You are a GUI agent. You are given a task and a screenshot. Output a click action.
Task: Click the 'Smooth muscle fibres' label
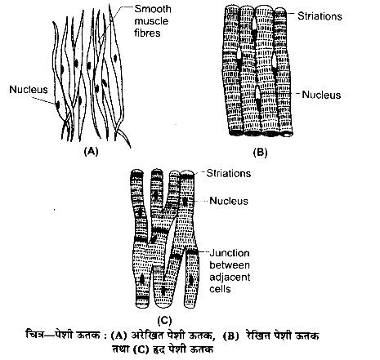click(x=153, y=21)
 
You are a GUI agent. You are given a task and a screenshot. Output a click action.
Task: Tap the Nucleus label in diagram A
click(x=29, y=90)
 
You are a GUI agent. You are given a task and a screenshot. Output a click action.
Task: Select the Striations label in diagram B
click(x=320, y=16)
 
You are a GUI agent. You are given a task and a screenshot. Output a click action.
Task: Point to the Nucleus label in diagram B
click(x=321, y=95)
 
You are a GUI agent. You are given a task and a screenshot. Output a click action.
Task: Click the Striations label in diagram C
click(x=229, y=173)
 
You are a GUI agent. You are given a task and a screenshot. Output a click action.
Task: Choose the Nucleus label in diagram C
click(x=229, y=201)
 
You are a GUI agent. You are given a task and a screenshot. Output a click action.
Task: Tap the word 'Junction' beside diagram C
click(x=230, y=253)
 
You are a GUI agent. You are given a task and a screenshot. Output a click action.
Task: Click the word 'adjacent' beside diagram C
click(x=230, y=278)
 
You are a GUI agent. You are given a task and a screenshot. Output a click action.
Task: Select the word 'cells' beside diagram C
click(x=220, y=289)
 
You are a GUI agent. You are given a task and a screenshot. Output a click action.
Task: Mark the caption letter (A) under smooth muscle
click(x=91, y=151)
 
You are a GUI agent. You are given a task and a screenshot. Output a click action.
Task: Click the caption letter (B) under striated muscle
click(x=260, y=152)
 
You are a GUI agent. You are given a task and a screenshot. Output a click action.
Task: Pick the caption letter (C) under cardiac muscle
click(x=164, y=321)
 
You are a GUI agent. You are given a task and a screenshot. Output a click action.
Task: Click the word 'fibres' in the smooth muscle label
click(x=147, y=33)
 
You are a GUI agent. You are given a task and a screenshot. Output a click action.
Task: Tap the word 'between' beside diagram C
click(x=230, y=265)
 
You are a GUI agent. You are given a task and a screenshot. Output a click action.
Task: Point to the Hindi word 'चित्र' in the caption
click(x=34, y=335)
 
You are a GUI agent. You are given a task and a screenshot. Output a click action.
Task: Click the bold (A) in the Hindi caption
click(x=119, y=336)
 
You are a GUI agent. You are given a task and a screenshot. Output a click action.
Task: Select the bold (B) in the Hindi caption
click(x=230, y=336)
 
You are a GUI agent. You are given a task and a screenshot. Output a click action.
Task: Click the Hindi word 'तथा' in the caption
click(x=121, y=349)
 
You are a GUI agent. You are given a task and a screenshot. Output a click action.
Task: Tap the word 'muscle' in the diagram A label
click(x=151, y=21)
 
